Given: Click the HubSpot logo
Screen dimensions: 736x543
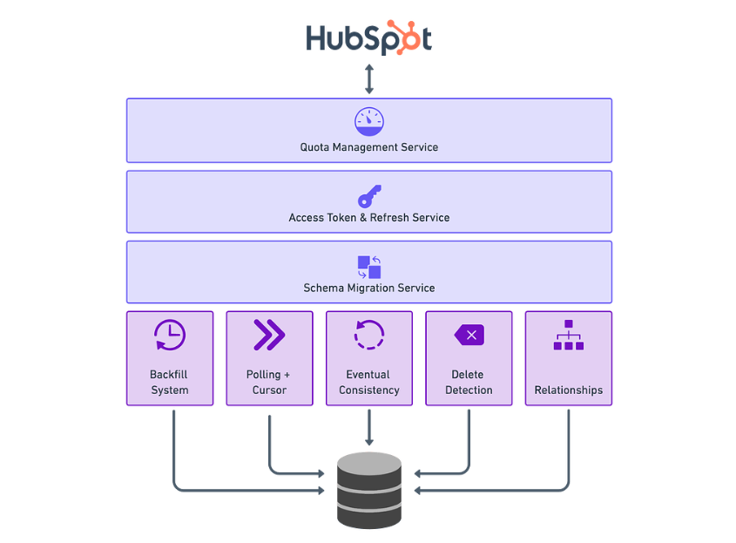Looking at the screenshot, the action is pyautogui.click(x=369, y=37).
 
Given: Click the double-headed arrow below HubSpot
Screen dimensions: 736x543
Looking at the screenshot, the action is pyautogui.click(x=369, y=79).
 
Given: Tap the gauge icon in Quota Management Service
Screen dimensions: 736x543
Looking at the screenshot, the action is pyautogui.click(x=369, y=122).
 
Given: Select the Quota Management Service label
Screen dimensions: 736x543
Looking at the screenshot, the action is pyautogui.click(x=369, y=147).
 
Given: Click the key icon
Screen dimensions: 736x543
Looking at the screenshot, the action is pyautogui.click(x=369, y=196).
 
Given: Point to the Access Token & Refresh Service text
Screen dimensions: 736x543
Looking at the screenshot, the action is pyautogui.click(x=369, y=218).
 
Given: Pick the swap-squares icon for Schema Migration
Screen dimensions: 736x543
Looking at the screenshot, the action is pyautogui.click(x=369, y=268).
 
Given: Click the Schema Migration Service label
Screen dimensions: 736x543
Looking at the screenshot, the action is pyautogui.click(x=369, y=288).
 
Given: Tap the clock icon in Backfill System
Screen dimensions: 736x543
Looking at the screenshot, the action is pyautogui.click(x=170, y=335).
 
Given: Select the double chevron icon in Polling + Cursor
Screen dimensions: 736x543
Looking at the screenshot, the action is pyautogui.click(x=269, y=335).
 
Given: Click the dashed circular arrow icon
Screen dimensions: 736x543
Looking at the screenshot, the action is pyautogui.click(x=369, y=335).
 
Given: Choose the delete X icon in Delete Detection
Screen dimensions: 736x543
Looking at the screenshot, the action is pyautogui.click(x=469, y=335).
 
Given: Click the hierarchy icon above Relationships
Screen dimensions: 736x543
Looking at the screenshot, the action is pyautogui.click(x=569, y=335).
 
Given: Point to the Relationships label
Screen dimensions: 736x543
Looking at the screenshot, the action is pyautogui.click(x=569, y=390).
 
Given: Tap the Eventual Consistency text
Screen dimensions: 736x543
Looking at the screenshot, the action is pyautogui.click(x=369, y=383).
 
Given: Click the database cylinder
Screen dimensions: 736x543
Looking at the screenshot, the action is pyautogui.click(x=369, y=491).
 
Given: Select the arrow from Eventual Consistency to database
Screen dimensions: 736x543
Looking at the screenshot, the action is pyautogui.click(x=369, y=427).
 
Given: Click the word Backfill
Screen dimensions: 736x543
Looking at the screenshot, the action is pyautogui.click(x=168, y=375).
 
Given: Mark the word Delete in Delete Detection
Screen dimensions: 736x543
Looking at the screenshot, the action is pyautogui.click(x=468, y=375).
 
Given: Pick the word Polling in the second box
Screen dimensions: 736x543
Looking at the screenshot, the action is pyautogui.click(x=263, y=375).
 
